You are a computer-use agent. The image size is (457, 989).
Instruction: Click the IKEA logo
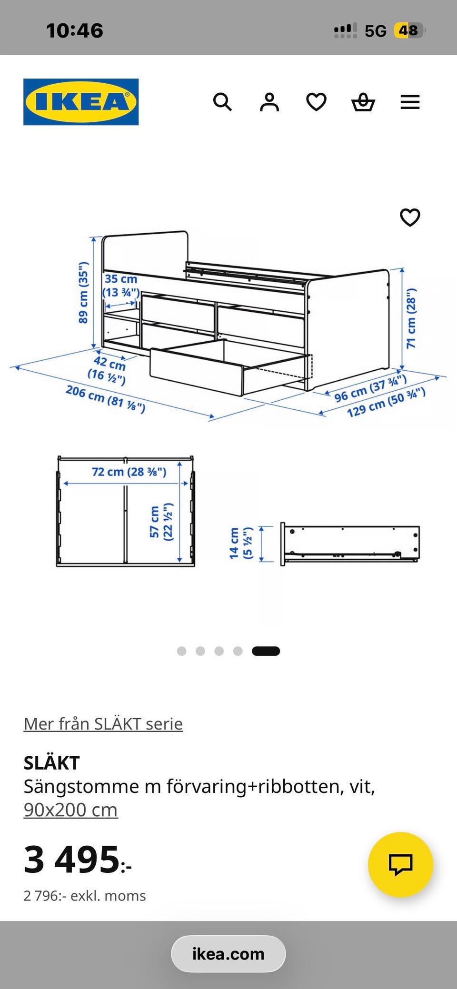(x=81, y=102)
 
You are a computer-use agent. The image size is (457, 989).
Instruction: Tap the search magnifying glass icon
(x=222, y=102)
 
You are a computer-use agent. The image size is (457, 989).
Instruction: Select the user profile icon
(x=269, y=102)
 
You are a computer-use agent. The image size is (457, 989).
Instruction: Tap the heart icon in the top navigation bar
(x=316, y=102)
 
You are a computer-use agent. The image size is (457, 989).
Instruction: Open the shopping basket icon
(x=363, y=102)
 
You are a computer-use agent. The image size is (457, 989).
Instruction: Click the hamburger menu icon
(x=410, y=102)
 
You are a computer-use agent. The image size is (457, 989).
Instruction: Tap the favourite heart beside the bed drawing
(x=410, y=218)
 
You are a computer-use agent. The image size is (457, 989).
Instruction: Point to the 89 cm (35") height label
(x=83, y=292)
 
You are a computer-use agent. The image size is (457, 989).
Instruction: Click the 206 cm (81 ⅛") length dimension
(x=105, y=399)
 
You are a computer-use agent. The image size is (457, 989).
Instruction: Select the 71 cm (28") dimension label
(x=411, y=317)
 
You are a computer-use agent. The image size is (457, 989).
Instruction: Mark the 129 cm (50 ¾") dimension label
(x=386, y=402)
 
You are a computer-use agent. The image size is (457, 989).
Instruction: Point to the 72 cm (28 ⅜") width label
(x=129, y=472)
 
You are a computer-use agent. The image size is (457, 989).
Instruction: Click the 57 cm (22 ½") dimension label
(x=161, y=522)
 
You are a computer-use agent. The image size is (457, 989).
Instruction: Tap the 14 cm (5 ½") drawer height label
(x=241, y=543)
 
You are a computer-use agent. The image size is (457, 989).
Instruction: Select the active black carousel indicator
(x=266, y=651)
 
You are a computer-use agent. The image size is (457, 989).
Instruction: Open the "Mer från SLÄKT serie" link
(x=103, y=724)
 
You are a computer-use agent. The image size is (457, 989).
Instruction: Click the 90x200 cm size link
(x=70, y=810)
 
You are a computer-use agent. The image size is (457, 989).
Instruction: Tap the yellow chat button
(x=400, y=864)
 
